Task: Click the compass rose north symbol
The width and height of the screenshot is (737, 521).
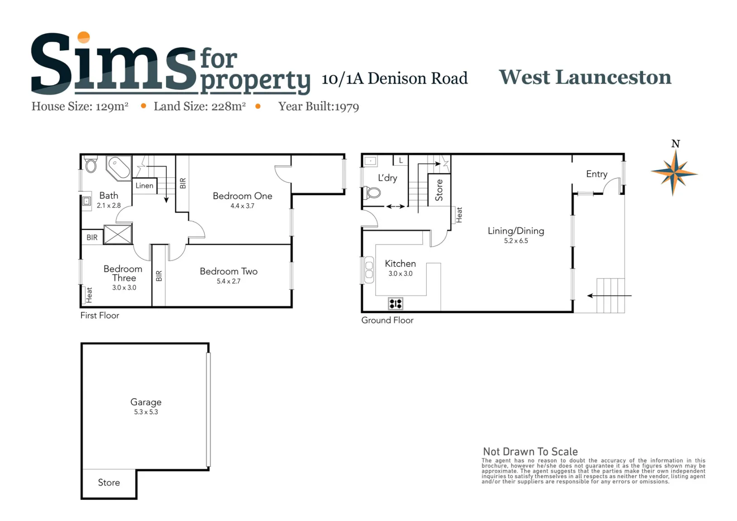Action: tap(674, 173)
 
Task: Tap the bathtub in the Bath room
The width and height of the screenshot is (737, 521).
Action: tap(119, 168)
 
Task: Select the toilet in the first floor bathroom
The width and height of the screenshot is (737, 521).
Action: tap(91, 164)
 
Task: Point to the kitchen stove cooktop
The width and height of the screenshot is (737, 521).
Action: tap(395, 304)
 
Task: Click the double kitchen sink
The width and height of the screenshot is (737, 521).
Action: tap(369, 270)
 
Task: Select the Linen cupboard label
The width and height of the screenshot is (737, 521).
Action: tap(145, 186)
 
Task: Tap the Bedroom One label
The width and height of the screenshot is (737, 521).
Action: tap(242, 196)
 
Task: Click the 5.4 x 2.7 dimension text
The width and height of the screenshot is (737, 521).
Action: tap(228, 281)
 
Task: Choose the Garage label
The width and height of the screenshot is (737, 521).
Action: tap(146, 402)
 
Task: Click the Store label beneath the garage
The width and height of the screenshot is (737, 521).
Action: tap(109, 482)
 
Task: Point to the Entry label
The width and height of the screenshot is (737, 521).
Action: tap(597, 174)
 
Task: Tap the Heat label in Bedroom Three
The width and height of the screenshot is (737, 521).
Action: tap(89, 295)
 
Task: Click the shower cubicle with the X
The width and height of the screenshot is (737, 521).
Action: tap(118, 234)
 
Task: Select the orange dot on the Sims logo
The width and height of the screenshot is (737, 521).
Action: tap(83, 37)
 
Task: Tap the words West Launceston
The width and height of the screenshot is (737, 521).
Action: tap(585, 77)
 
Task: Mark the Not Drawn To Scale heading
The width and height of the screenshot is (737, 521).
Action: tap(530, 452)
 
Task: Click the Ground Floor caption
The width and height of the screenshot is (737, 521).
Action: tap(387, 320)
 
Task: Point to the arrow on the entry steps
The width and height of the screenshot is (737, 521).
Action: tap(609, 295)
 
